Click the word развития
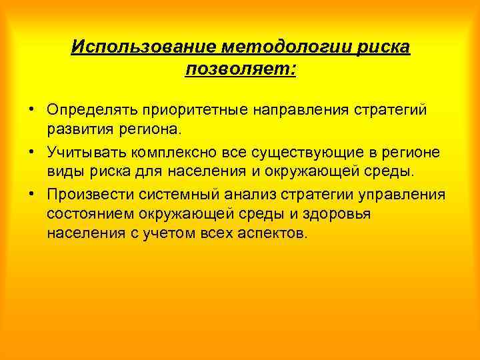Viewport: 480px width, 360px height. click(77, 127)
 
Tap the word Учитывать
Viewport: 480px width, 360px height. click(86, 152)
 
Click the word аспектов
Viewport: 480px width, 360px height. click(275, 233)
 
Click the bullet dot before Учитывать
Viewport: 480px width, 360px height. click(32, 152)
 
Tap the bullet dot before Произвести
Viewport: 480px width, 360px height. click(32, 195)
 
